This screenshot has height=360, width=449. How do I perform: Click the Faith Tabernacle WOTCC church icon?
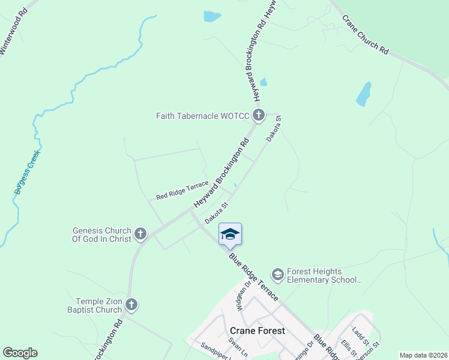tap(259, 115)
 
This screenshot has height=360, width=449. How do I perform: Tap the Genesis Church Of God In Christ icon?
tap(140, 233)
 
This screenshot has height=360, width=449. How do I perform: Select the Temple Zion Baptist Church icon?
tap(132, 305)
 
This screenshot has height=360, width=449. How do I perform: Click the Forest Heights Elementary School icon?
tap(277, 275)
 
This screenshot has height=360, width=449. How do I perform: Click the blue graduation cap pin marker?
tap(230, 234)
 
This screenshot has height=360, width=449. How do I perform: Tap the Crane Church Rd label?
tap(366, 34)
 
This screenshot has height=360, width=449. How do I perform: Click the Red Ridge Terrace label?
tap(182, 191)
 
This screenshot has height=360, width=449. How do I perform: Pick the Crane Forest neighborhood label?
tap(258, 331)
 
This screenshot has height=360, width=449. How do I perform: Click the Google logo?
tap(20, 352)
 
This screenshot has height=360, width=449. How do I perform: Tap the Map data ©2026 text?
tap(423, 355)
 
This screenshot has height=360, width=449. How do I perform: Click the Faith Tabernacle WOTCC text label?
tap(203, 116)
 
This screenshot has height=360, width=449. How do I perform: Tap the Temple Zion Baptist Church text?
tap(99, 306)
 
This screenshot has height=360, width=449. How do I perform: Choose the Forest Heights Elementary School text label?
tap(325, 275)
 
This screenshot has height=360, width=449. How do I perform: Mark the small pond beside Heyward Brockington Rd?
tap(263, 82)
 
